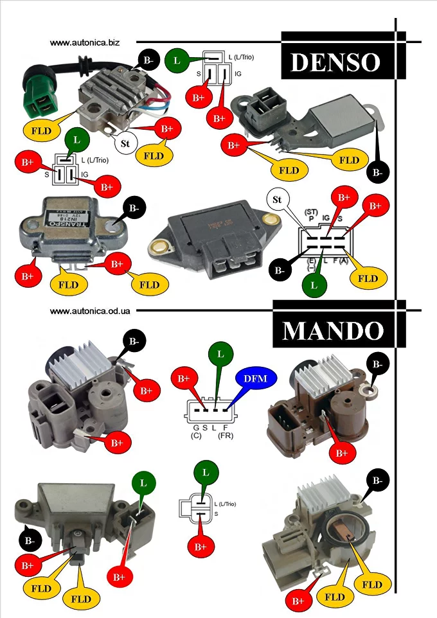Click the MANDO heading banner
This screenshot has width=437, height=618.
334,330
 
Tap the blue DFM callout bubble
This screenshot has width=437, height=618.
255,378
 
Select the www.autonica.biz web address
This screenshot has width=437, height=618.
85,42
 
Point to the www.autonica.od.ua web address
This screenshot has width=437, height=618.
91,310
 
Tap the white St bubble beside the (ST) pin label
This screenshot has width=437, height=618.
277,199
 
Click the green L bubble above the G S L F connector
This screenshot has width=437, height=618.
221,353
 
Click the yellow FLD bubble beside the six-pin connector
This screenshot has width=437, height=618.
368,278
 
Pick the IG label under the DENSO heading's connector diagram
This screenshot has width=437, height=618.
238,75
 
